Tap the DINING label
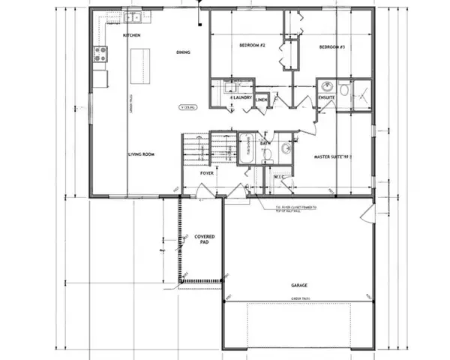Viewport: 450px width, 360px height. click(x=183, y=52)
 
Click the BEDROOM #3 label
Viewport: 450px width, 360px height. click(x=331, y=47)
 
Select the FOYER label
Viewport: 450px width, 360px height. click(x=208, y=173)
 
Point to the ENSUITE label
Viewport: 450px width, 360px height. click(x=326, y=97)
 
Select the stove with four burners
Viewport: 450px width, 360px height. click(x=100, y=53)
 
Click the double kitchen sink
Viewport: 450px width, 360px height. click(x=133, y=17)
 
